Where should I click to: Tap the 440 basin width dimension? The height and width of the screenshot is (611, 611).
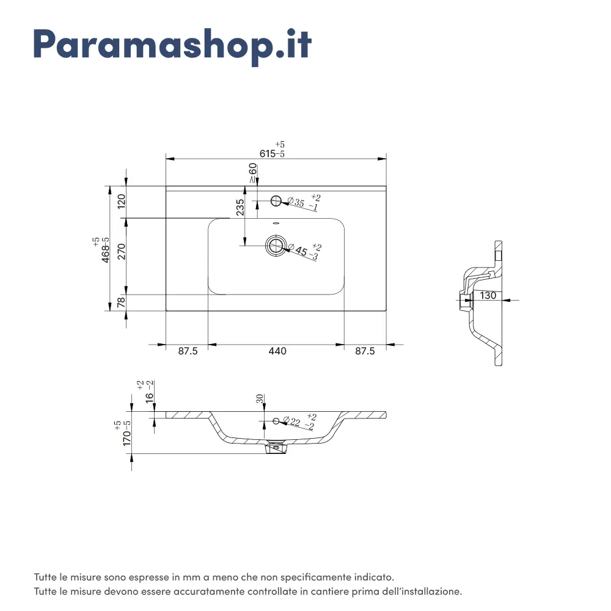[277, 351]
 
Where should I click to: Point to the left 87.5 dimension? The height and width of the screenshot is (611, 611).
[188, 351]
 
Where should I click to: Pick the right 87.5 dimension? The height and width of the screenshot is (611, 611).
[365, 351]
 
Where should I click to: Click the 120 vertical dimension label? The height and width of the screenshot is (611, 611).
[122, 201]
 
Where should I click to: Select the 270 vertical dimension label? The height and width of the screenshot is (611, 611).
[122, 251]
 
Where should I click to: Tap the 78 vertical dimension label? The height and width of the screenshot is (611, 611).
[122, 302]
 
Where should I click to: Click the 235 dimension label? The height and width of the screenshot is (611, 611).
[240, 207]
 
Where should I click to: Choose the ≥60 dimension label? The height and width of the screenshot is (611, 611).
[253, 173]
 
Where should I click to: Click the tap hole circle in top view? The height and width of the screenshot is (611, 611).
[276, 200]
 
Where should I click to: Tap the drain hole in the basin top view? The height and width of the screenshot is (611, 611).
[276, 246]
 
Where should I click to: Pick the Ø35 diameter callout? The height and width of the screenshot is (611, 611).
[304, 202]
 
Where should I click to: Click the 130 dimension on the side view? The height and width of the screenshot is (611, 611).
[488, 295]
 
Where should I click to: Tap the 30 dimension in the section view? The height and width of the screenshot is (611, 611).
[260, 398]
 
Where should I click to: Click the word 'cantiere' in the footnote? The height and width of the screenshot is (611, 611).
[330, 591]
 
